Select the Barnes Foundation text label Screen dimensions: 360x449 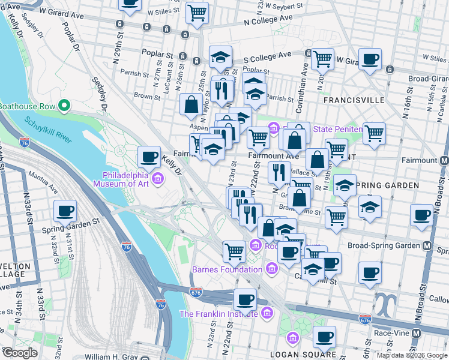[x=227, y=269]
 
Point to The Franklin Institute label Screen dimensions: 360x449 [x=218, y=314]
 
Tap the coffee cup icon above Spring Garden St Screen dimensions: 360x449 [x=65, y=211]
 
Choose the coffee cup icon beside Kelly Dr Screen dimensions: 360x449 [x=148, y=158]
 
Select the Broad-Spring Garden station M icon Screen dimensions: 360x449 [x=427, y=246]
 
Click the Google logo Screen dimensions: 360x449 [x=20, y=353]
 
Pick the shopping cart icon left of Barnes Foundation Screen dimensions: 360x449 [x=234, y=251]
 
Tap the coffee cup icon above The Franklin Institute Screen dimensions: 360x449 [x=244, y=299]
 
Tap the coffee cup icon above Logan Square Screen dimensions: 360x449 [x=324, y=337]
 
